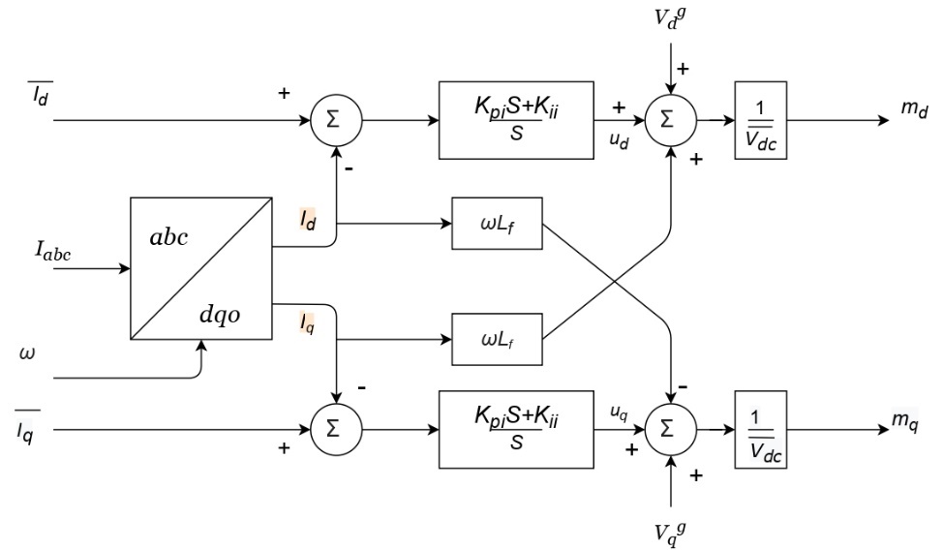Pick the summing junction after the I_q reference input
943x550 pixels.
[x=333, y=425]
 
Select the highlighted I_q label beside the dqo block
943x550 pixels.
[x=306, y=321]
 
